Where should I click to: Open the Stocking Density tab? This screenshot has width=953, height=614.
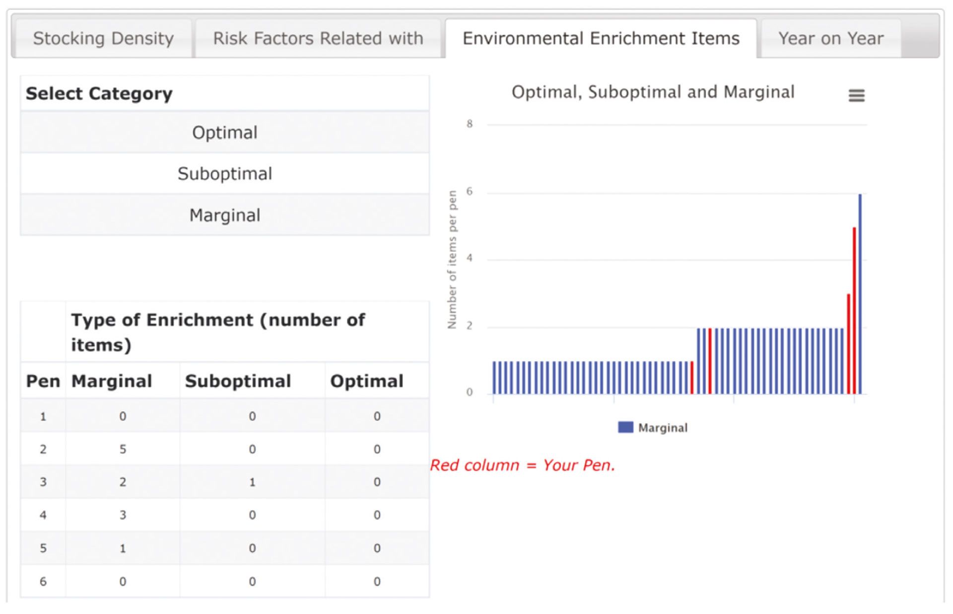pyautogui.click(x=103, y=38)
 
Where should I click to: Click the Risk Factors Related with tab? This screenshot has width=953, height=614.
pyautogui.click(x=318, y=38)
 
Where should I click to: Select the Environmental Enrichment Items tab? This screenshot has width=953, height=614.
pyautogui.click(x=601, y=38)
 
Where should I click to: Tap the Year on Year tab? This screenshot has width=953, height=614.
pyautogui.click(x=831, y=38)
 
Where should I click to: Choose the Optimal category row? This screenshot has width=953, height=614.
pyautogui.click(x=225, y=132)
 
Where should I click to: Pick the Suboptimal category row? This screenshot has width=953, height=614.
pyautogui.click(x=225, y=173)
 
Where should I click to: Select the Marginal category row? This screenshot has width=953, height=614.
pyautogui.click(x=225, y=215)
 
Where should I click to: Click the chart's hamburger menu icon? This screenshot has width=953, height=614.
pyautogui.click(x=856, y=95)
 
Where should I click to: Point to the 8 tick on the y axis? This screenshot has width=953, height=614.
pyautogui.click(x=470, y=124)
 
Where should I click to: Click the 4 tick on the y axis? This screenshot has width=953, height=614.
pyautogui.click(x=470, y=258)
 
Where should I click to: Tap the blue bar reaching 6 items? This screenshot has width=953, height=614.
pyautogui.click(x=860, y=294)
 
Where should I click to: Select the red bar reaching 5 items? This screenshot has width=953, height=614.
pyautogui.click(x=854, y=311)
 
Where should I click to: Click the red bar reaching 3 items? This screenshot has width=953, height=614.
pyautogui.click(x=849, y=344)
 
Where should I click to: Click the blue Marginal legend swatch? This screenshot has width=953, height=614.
pyautogui.click(x=625, y=427)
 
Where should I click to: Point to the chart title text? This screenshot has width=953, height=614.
pyautogui.click(x=653, y=92)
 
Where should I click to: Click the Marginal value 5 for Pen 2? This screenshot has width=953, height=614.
pyautogui.click(x=123, y=449)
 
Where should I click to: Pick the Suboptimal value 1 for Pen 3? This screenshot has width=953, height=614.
pyautogui.click(x=252, y=482)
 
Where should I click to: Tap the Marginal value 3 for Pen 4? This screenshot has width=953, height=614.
pyautogui.click(x=123, y=515)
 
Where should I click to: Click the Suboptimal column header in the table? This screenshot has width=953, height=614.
pyautogui.click(x=238, y=381)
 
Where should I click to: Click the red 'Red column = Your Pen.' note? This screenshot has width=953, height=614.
pyautogui.click(x=523, y=465)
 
